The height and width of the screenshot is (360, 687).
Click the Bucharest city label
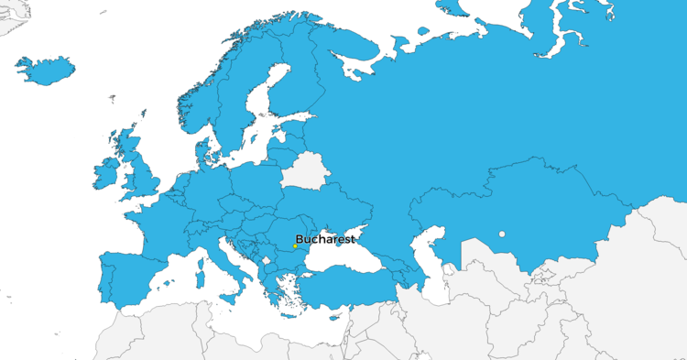pyautogui.click(x=325, y=238)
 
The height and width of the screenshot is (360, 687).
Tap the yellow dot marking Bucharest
pyautogui.click(x=295, y=246)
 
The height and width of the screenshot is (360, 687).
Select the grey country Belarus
pyautogui.click(x=302, y=171)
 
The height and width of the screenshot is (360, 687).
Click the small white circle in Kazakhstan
pyautogui.click(x=502, y=235)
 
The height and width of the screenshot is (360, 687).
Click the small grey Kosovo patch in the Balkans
pyautogui.click(x=267, y=260)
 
